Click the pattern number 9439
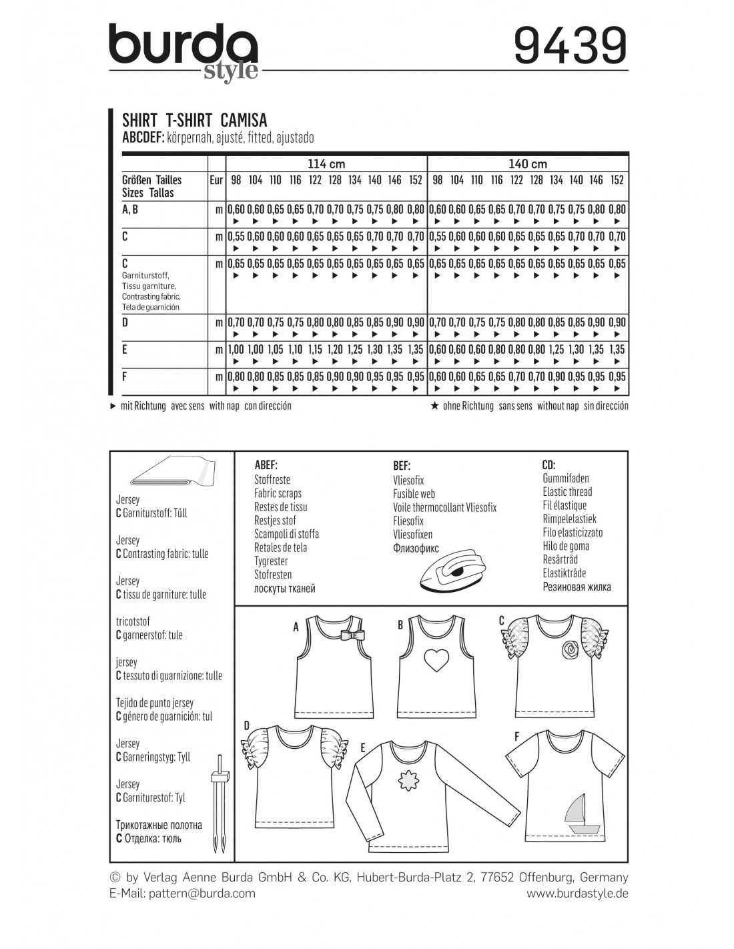pyautogui.click(x=571, y=46)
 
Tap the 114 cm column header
pyautogui.click(x=326, y=164)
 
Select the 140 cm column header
pyautogui.click(x=528, y=164)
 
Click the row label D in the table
pyautogui.click(x=125, y=322)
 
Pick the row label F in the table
pyautogui.click(x=125, y=376)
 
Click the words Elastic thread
pyautogui.click(x=567, y=492)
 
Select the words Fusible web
pyautogui.click(x=414, y=494)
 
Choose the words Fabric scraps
pyautogui.click(x=278, y=493)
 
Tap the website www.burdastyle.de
pyautogui.click(x=577, y=893)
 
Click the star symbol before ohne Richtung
pyautogui.click(x=434, y=406)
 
